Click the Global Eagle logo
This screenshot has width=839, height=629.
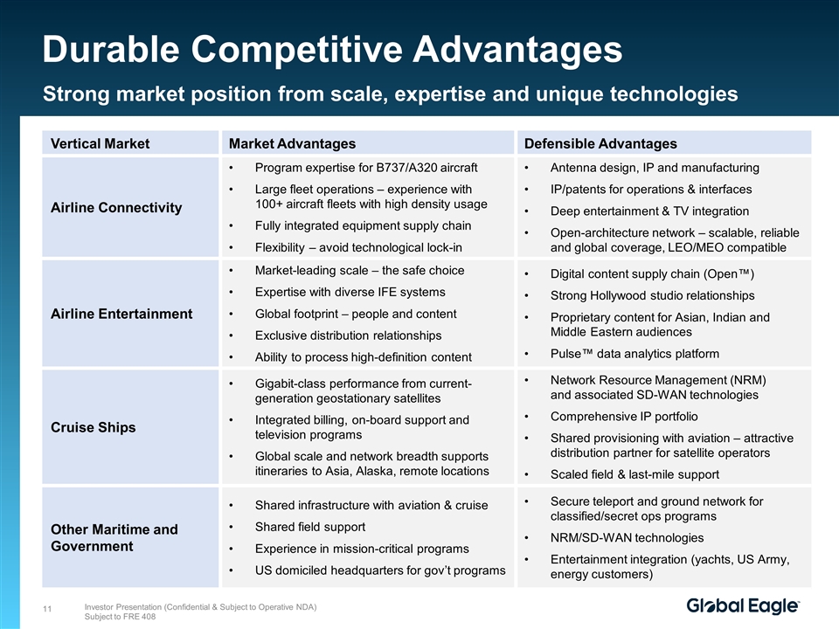743,606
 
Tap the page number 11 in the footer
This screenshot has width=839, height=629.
47,609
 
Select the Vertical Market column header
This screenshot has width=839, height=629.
100,143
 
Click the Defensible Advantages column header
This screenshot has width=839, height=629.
600,143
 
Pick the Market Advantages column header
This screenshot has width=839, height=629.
292,143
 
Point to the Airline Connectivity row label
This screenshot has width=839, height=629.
116,208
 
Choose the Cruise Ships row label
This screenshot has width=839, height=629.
94,427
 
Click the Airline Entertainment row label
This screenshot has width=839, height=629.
121,314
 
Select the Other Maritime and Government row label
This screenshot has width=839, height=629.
114,537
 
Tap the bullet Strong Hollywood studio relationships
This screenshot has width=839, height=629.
652,295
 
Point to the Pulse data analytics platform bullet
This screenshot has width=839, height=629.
634,354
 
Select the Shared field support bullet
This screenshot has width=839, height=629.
309,527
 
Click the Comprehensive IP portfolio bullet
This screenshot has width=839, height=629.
624,416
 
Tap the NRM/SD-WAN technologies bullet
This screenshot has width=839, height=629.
627,537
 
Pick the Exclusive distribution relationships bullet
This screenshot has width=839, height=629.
349,335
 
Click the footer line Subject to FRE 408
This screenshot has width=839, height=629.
120,617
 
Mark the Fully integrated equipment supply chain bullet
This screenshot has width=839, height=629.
363,225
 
